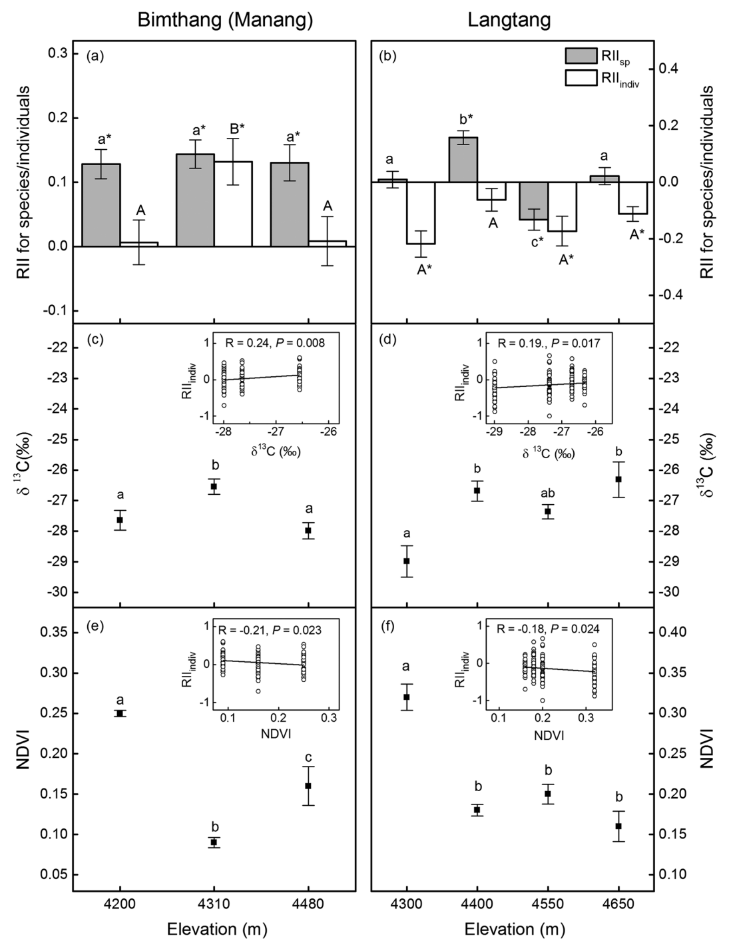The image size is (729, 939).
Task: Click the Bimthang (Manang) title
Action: (x=225, y=20)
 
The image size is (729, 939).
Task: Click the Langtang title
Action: (x=509, y=20)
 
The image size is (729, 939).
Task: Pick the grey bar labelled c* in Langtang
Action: (x=533, y=200)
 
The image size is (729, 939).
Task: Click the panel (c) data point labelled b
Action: (x=214, y=486)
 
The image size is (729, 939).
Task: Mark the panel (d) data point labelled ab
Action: (x=548, y=511)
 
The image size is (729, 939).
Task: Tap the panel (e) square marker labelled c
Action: (x=308, y=786)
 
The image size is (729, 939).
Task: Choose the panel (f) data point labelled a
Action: (x=407, y=697)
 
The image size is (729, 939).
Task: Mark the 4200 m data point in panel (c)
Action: (x=120, y=519)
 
